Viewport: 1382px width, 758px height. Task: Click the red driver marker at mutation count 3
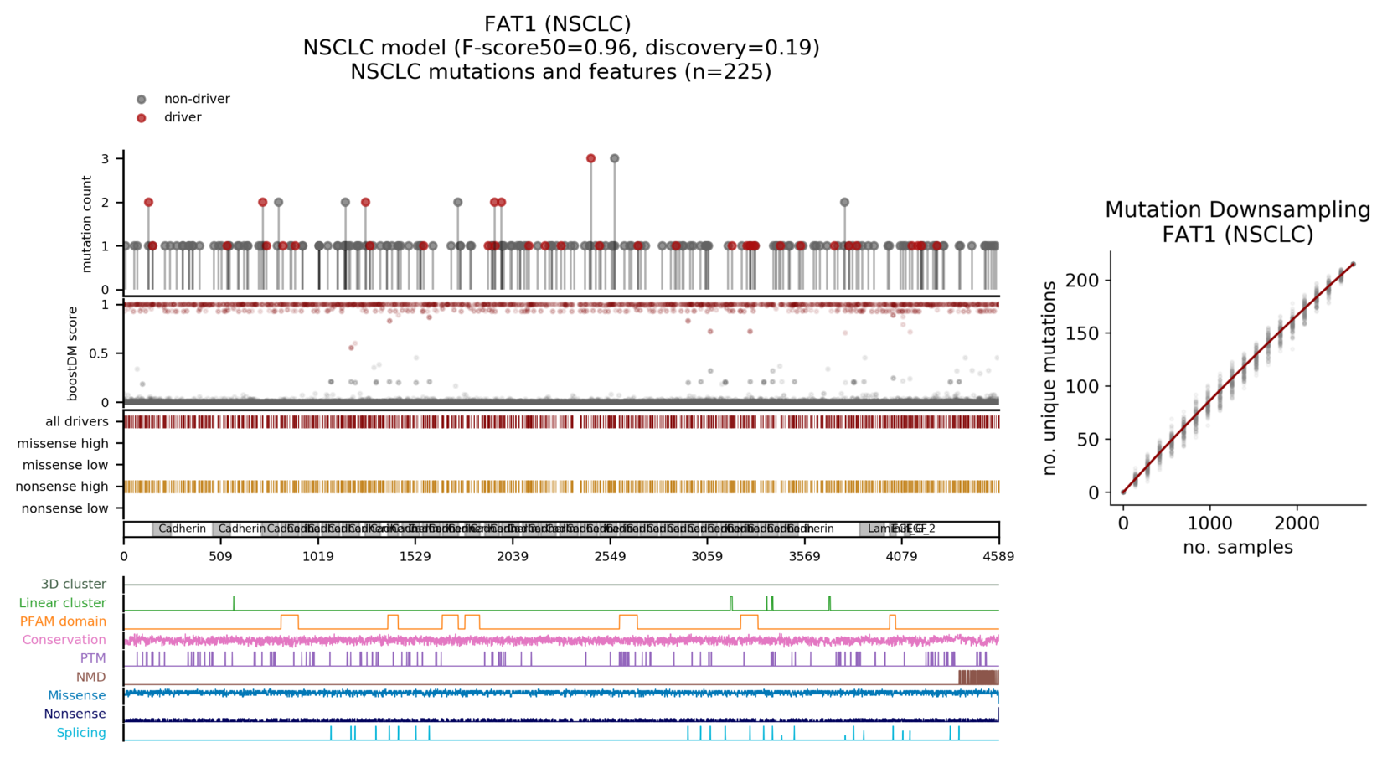point(590,158)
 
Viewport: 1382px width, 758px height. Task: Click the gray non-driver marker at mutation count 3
point(615,158)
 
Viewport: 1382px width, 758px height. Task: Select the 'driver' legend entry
point(183,117)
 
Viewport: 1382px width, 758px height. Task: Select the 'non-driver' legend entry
point(197,99)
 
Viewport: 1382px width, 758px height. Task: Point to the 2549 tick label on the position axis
point(610,556)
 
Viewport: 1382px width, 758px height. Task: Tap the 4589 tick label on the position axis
point(998,556)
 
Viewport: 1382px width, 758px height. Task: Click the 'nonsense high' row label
point(63,487)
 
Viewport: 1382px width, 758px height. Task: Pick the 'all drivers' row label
point(77,422)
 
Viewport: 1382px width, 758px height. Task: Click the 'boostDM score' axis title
point(73,353)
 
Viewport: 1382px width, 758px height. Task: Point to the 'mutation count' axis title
point(87,224)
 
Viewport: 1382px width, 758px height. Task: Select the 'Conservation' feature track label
point(64,640)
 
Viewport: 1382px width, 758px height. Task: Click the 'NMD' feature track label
point(91,677)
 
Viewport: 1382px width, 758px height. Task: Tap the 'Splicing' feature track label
point(81,733)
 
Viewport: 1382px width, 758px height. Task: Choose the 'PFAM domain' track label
point(64,621)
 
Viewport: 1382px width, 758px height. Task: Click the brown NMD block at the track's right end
point(977,677)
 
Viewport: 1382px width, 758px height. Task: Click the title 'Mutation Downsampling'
point(1237,209)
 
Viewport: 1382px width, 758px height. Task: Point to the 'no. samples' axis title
point(1237,548)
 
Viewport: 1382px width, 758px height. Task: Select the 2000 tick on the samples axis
point(1297,524)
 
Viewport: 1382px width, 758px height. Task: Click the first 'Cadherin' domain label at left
point(182,529)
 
